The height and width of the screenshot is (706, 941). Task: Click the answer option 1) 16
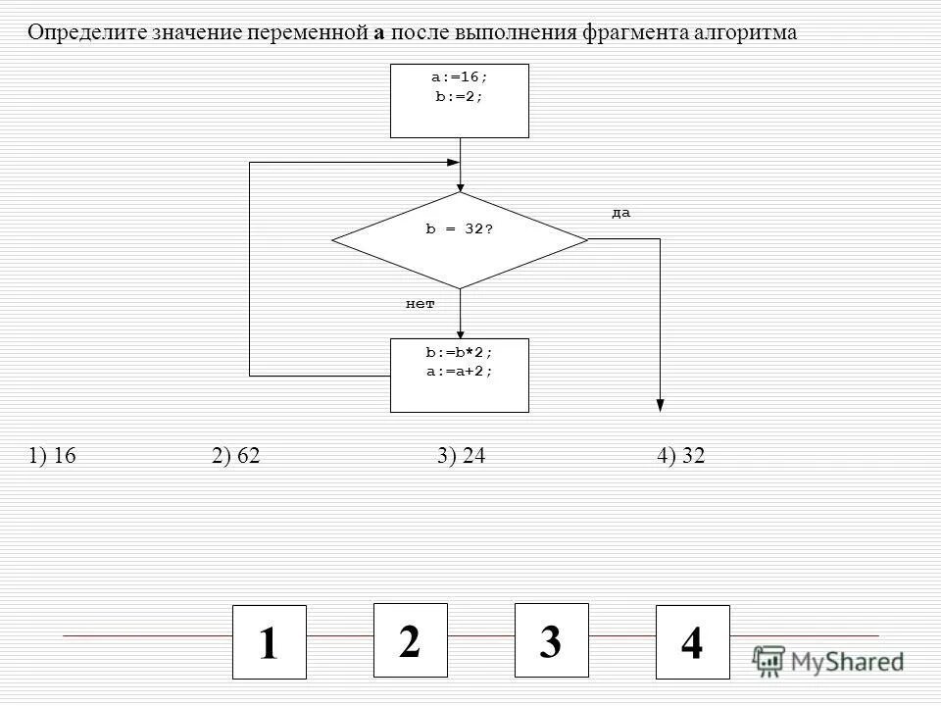tap(53, 456)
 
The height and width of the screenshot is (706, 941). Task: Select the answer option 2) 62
tap(235, 456)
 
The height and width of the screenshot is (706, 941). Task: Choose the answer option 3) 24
tap(462, 456)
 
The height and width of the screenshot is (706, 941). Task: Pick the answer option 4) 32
tap(682, 456)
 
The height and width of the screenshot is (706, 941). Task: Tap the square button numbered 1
tap(270, 642)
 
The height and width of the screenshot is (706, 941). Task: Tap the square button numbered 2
tap(411, 640)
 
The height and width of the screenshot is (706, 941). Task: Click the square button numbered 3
tap(552, 640)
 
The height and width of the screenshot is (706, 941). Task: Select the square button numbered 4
tap(692, 642)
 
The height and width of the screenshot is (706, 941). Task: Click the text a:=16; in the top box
tap(459, 78)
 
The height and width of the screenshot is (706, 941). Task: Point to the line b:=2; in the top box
tap(459, 97)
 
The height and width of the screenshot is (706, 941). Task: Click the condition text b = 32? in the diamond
tap(459, 228)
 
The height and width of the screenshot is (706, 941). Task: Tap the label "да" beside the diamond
tap(621, 213)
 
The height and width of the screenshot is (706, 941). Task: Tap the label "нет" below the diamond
tap(420, 305)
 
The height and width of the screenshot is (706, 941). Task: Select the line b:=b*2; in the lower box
tap(459, 353)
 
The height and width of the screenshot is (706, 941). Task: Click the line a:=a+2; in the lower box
tap(459, 372)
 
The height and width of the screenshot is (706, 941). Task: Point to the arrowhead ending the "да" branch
tap(660, 404)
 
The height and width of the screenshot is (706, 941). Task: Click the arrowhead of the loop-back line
tap(453, 162)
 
